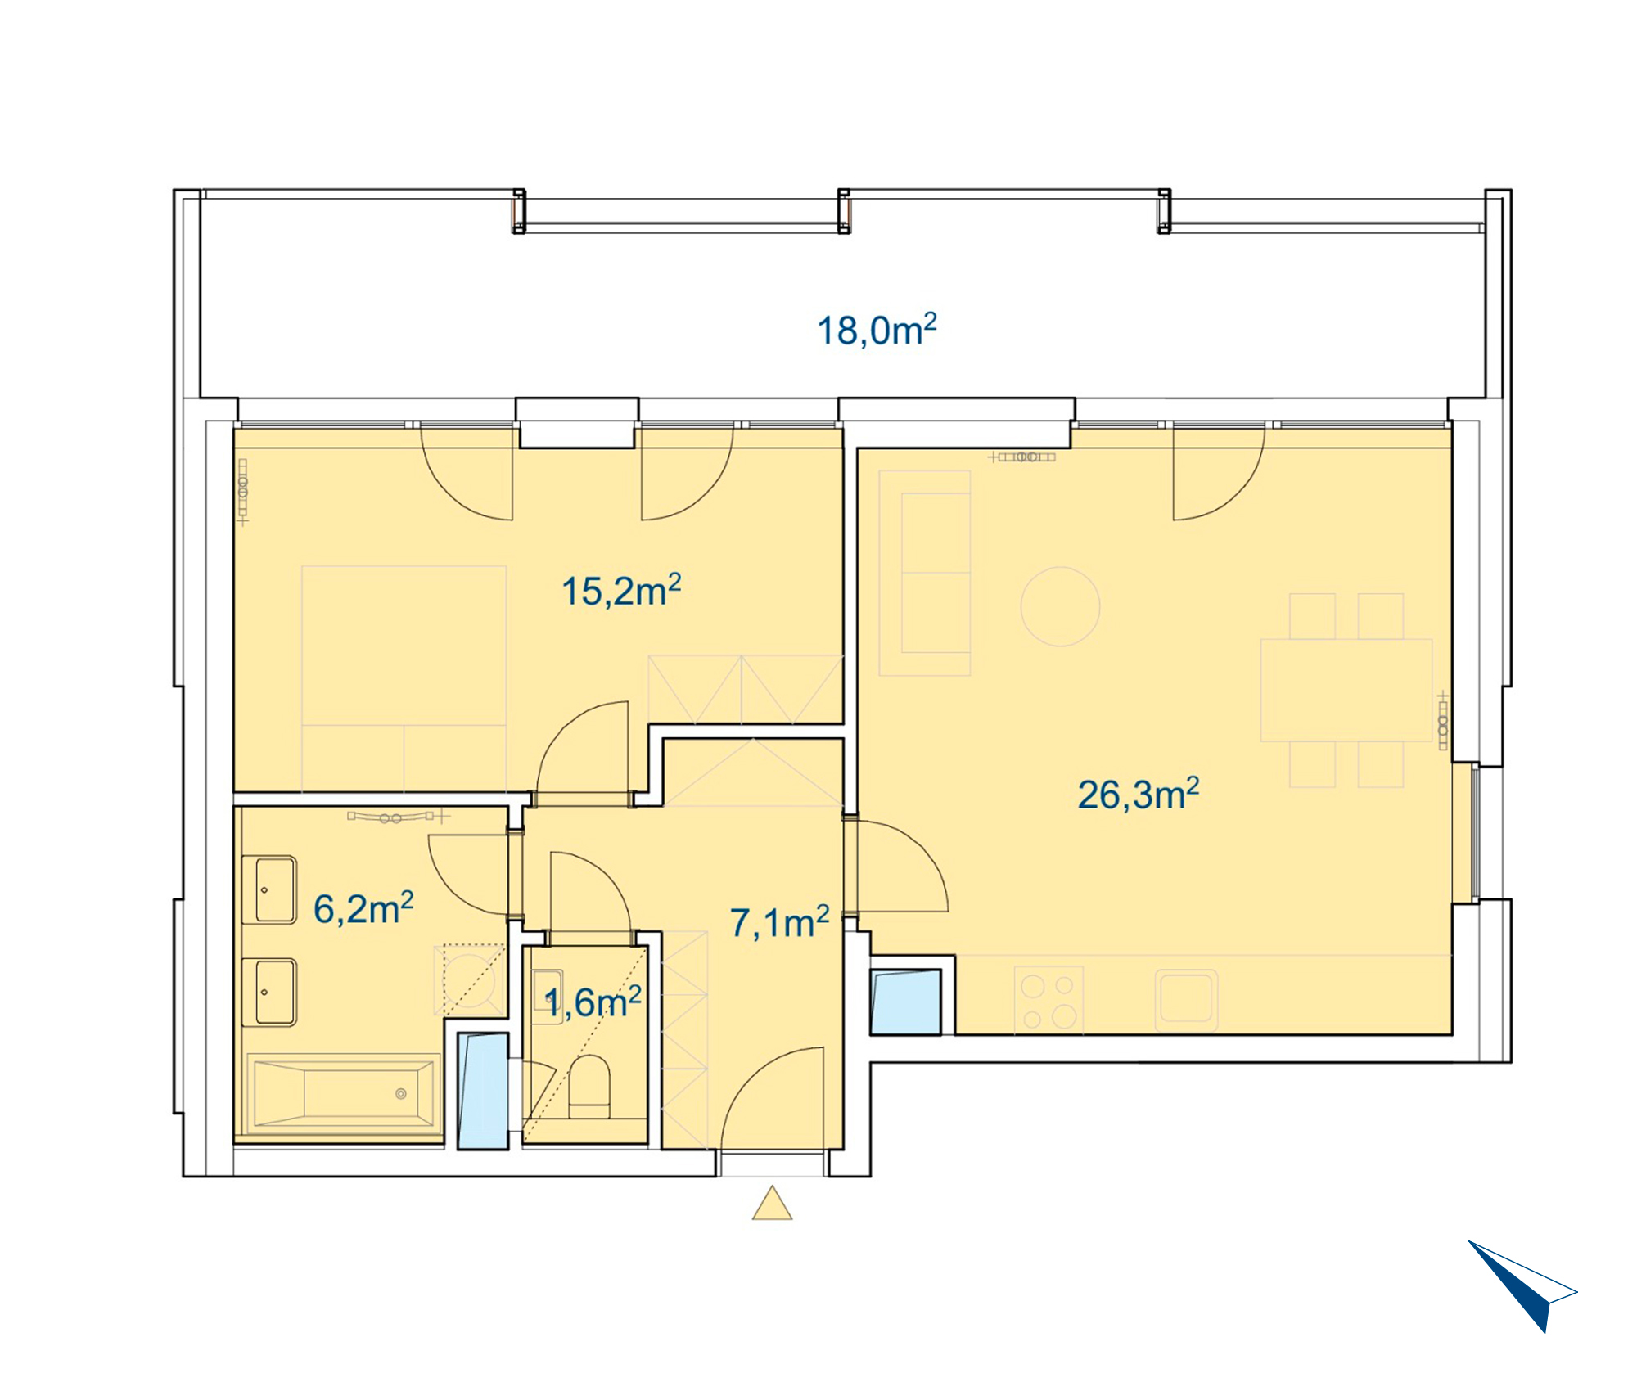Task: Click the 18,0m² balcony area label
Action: [877, 330]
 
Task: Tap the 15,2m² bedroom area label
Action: [621, 590]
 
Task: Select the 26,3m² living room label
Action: [1139, 794]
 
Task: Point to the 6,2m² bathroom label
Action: [363, 908]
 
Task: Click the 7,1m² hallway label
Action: [780, 922]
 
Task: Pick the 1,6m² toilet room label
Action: [593, 1002]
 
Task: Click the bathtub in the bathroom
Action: [344, 1093]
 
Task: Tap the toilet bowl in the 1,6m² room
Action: [589, 1087]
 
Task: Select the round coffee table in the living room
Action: [1060, 606]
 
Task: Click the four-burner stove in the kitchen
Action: [1048, 1001]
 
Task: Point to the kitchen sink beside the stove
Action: [1186, 997]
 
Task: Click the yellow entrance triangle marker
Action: [772, 1203]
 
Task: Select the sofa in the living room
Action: [925, 573]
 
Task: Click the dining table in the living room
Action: [1346, 690]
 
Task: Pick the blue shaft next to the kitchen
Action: [905, 1002]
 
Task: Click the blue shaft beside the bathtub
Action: [483, 1091]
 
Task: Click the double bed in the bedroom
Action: [404, 678]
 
